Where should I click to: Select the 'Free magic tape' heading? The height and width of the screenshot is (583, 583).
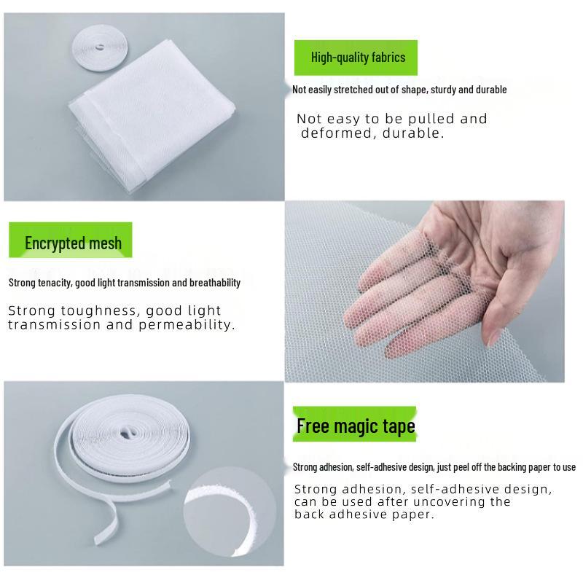click(356, 426)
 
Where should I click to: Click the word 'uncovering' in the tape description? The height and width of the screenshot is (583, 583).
click(450, 502)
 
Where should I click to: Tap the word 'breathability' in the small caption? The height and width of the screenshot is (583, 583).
click(216, 283)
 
